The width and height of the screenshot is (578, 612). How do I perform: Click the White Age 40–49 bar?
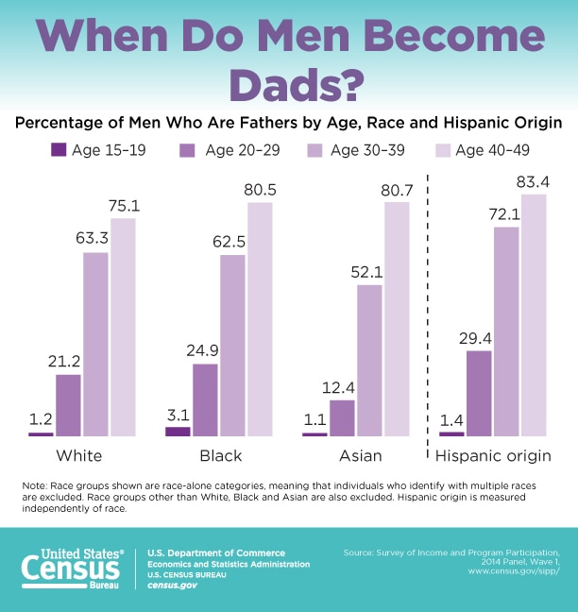(123, 327)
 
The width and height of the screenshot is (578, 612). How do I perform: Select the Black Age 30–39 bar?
(232, 346)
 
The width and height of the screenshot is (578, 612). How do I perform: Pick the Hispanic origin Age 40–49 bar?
(535, 315)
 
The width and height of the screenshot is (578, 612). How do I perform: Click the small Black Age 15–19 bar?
(178, 431)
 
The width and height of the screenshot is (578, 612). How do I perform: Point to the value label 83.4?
(535, 180)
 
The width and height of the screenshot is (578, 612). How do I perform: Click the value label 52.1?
(369, 271)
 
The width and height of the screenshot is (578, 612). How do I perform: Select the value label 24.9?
(205, 351)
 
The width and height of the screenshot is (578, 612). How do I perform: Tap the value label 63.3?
(95, 240)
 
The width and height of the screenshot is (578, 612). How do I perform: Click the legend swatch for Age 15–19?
(59, 149)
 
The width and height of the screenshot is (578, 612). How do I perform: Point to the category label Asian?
(355, 456)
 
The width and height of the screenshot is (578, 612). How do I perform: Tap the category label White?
(80, 456)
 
